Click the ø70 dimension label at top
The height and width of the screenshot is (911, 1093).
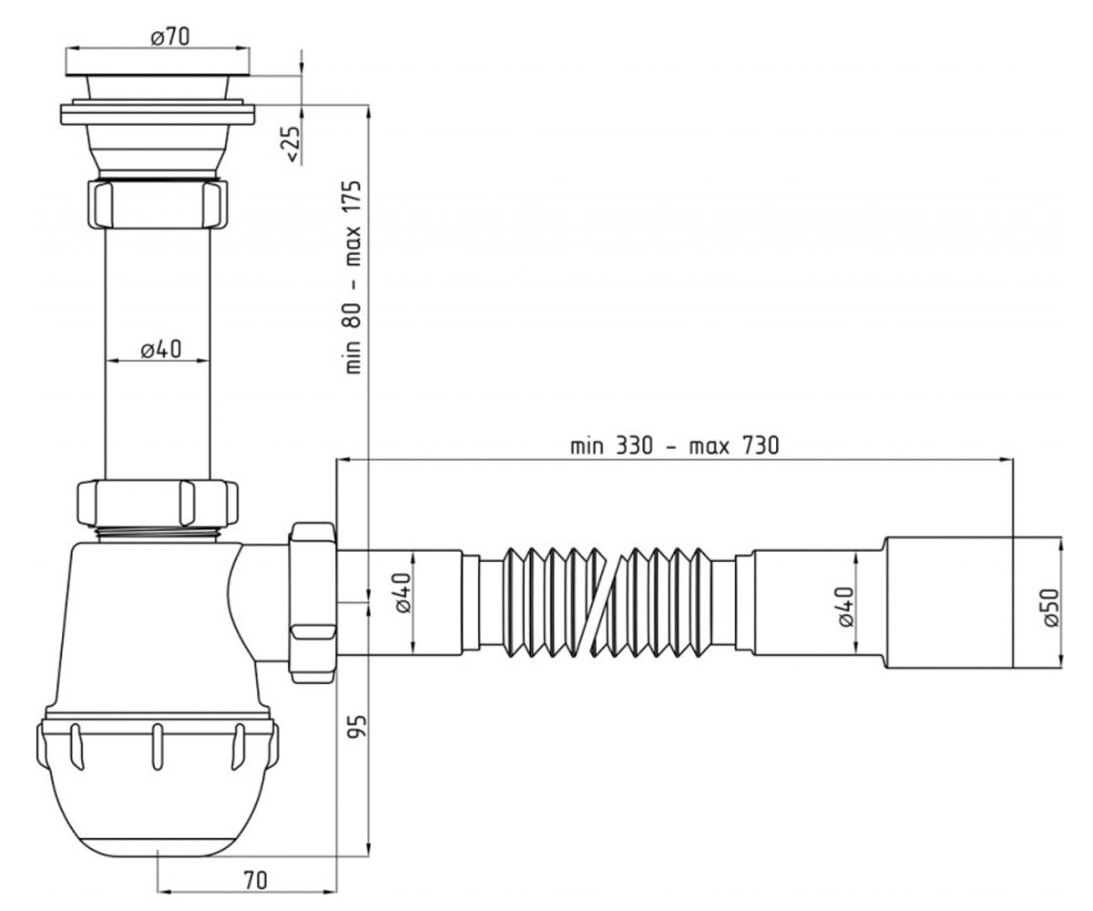pos(170,37)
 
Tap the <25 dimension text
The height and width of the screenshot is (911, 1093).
pos(292,143)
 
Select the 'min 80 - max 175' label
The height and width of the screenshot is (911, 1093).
pos(353,278)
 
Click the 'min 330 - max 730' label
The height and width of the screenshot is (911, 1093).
pos(674,446)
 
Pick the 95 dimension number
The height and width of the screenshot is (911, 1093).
pos(358,726)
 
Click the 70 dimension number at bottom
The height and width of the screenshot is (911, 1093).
pos(255,881)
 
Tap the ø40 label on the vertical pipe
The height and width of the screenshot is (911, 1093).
pos(161,349)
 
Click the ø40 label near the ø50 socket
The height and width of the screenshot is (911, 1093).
pos(845,607)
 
